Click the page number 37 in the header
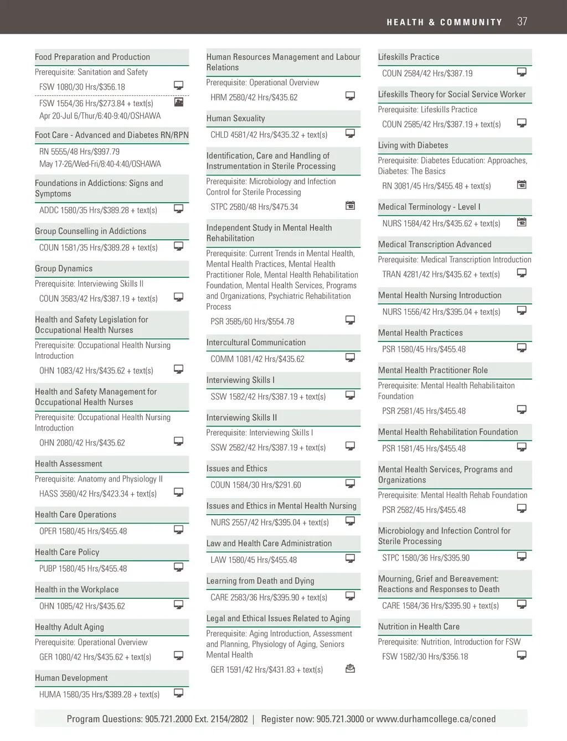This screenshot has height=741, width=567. pyautogui.click(x=522, y=22)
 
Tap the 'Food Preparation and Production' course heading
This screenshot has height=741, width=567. pyautogui.click(x=92, y=57)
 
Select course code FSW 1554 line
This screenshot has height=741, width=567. pyautogui.click(x=96, y=103)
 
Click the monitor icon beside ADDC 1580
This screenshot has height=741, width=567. pyautogui.click(x=179, y=209)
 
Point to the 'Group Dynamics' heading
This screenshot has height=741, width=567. pyautogui.click(x=64, y=268)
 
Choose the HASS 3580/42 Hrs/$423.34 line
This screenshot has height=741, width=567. pyautogui.click(x=98, y=494)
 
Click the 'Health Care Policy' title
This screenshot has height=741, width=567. pyautogui.click(x=67, y=552)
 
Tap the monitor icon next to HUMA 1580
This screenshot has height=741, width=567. pyautogui.click(x=179, y=693)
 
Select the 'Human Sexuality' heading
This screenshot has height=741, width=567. pyautogui.click(x=236, y=118)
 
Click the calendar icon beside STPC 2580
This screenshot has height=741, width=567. pyautogui.click(x=350, y=206)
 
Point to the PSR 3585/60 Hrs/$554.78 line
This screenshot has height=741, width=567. pyautogui.click(x=252, y=322)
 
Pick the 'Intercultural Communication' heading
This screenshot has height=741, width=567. pyautogui.click(x=256, y=343)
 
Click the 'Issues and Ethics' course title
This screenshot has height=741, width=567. pyautogui.click(x=237, y=469)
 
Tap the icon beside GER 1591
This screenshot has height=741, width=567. pyautogui.click(x=350, y=669)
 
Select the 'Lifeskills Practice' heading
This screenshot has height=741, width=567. pyautogui.click(x=409, y=57)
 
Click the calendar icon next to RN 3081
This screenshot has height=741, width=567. pyautogui.click(x=522, y=185)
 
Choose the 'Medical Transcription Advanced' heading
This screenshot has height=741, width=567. pyautogui.click(x=435, y=245)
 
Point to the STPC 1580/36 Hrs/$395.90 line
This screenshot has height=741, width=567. pyautogui.click(x=426, y=558)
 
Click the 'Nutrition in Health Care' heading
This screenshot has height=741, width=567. pyautogui.click(x=419, y=626)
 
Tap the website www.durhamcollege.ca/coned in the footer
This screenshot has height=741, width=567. pyautogui.click(x=436, y=719)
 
